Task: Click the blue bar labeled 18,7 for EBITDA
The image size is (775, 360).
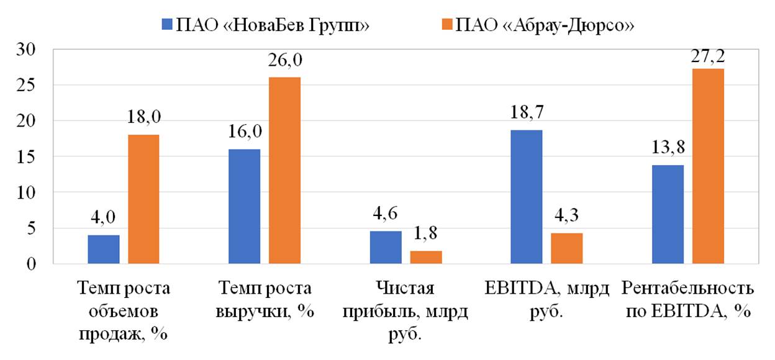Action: pyautogui.click(x=526, y=197)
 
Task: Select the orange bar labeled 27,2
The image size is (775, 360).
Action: pyautogui.click(x=708, y=166)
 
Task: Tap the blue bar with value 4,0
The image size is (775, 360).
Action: pyautogui.click(x=104, y=250)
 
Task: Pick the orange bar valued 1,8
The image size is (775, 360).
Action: pyautogui.click(x=426, y=257)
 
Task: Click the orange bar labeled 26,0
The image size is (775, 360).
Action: pyautogui.click(x=285, y=171)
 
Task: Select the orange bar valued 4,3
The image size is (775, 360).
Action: pyautogui.click(x=566, y=248)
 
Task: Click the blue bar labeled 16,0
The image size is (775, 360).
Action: pyautogui.click(x=244, y=206)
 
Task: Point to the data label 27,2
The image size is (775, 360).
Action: pyautogui.click(x=708, y=56)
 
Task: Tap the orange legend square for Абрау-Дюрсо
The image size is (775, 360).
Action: pyautogui.click(x=445, y=25)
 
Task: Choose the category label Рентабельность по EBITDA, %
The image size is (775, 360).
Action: pyautogui.click(x=687, y=300)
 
